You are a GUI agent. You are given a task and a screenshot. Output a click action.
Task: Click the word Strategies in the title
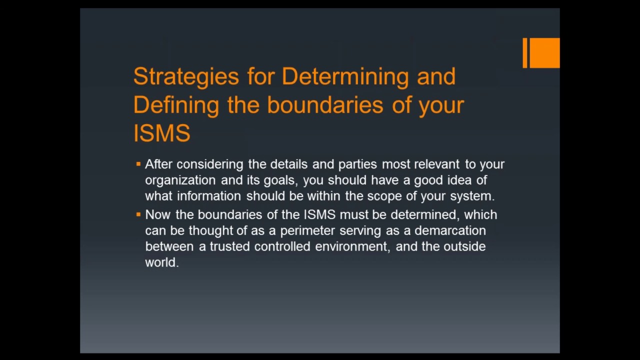coord(186,76)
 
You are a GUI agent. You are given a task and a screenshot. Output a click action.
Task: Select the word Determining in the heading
coord(345,76)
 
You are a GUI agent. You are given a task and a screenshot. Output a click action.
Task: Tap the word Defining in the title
coord(176,105)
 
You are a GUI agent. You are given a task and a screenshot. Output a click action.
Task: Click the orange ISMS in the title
coord(161,133)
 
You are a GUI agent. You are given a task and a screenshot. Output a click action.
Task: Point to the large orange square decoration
coord(544,52)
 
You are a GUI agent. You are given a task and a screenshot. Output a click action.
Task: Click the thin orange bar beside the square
coord(524,52)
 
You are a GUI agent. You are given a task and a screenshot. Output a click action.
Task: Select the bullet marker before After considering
coord(138,163)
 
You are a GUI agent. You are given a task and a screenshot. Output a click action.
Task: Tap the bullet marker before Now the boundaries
coord(138,214)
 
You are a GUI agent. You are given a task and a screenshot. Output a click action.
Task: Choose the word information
coord(208,196)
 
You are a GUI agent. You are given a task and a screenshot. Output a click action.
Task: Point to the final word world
coord(161,262)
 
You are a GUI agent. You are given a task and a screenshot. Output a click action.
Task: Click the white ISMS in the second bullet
coord(319,214)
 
